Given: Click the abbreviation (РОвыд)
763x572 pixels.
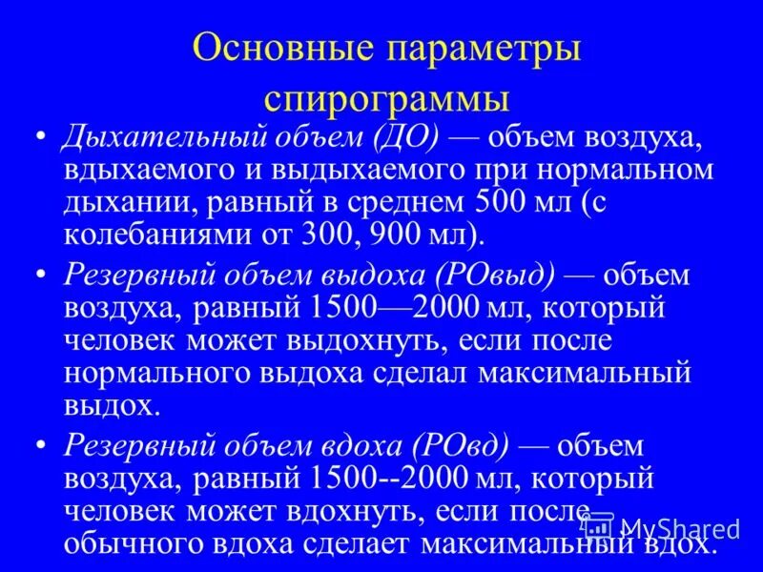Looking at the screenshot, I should tap(493, 276).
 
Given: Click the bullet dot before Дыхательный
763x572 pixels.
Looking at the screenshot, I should tap(40, 138).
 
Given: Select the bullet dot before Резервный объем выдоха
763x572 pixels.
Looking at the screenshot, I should tap(40, 276).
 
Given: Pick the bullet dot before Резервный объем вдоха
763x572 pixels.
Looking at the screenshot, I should tap(40, 446).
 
